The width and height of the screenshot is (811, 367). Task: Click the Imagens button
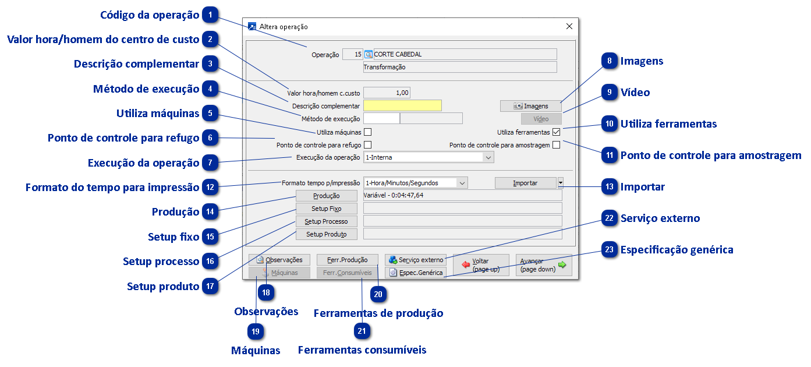[x=530, y=106]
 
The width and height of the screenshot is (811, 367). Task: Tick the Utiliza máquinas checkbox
[x=367, y=132]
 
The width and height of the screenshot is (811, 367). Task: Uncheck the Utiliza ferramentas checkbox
[x=556, y=132]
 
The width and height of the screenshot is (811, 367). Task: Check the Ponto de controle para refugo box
[x=367, y=144]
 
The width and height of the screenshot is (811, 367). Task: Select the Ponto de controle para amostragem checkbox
[x=556, y=145]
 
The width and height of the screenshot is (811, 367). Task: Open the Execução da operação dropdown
[x=488, y=157]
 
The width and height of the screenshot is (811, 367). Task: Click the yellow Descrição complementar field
[x=402, y=105]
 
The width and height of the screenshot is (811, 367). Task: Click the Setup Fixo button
[x=326, y=209]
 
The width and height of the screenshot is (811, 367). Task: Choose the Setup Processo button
[x=326, y=221]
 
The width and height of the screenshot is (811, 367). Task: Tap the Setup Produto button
[x=326, y=234]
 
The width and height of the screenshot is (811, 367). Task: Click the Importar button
[x=525, y=183]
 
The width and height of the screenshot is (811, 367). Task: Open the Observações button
[x=279, y=260]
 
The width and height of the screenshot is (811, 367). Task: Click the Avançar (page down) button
[x=543, y=266]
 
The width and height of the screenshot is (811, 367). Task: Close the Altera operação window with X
[x=569, y=27]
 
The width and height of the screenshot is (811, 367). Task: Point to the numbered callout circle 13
[x=610, y=187]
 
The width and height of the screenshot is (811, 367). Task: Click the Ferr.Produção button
[x=347, y=260]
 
